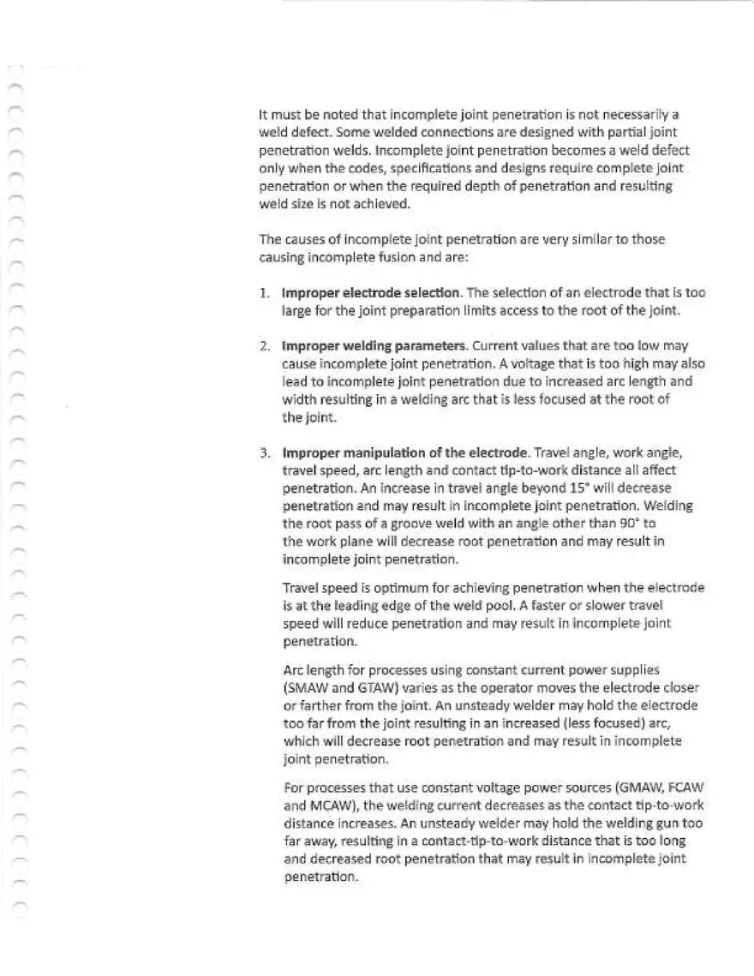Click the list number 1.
pyautogui.click(x=266, y=292)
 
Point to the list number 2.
pyautogui.click(x=266, y=345)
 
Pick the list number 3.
pyautogui.click(x=266, y=452)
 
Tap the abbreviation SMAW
pyautogui.click(x=309, y=686)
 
